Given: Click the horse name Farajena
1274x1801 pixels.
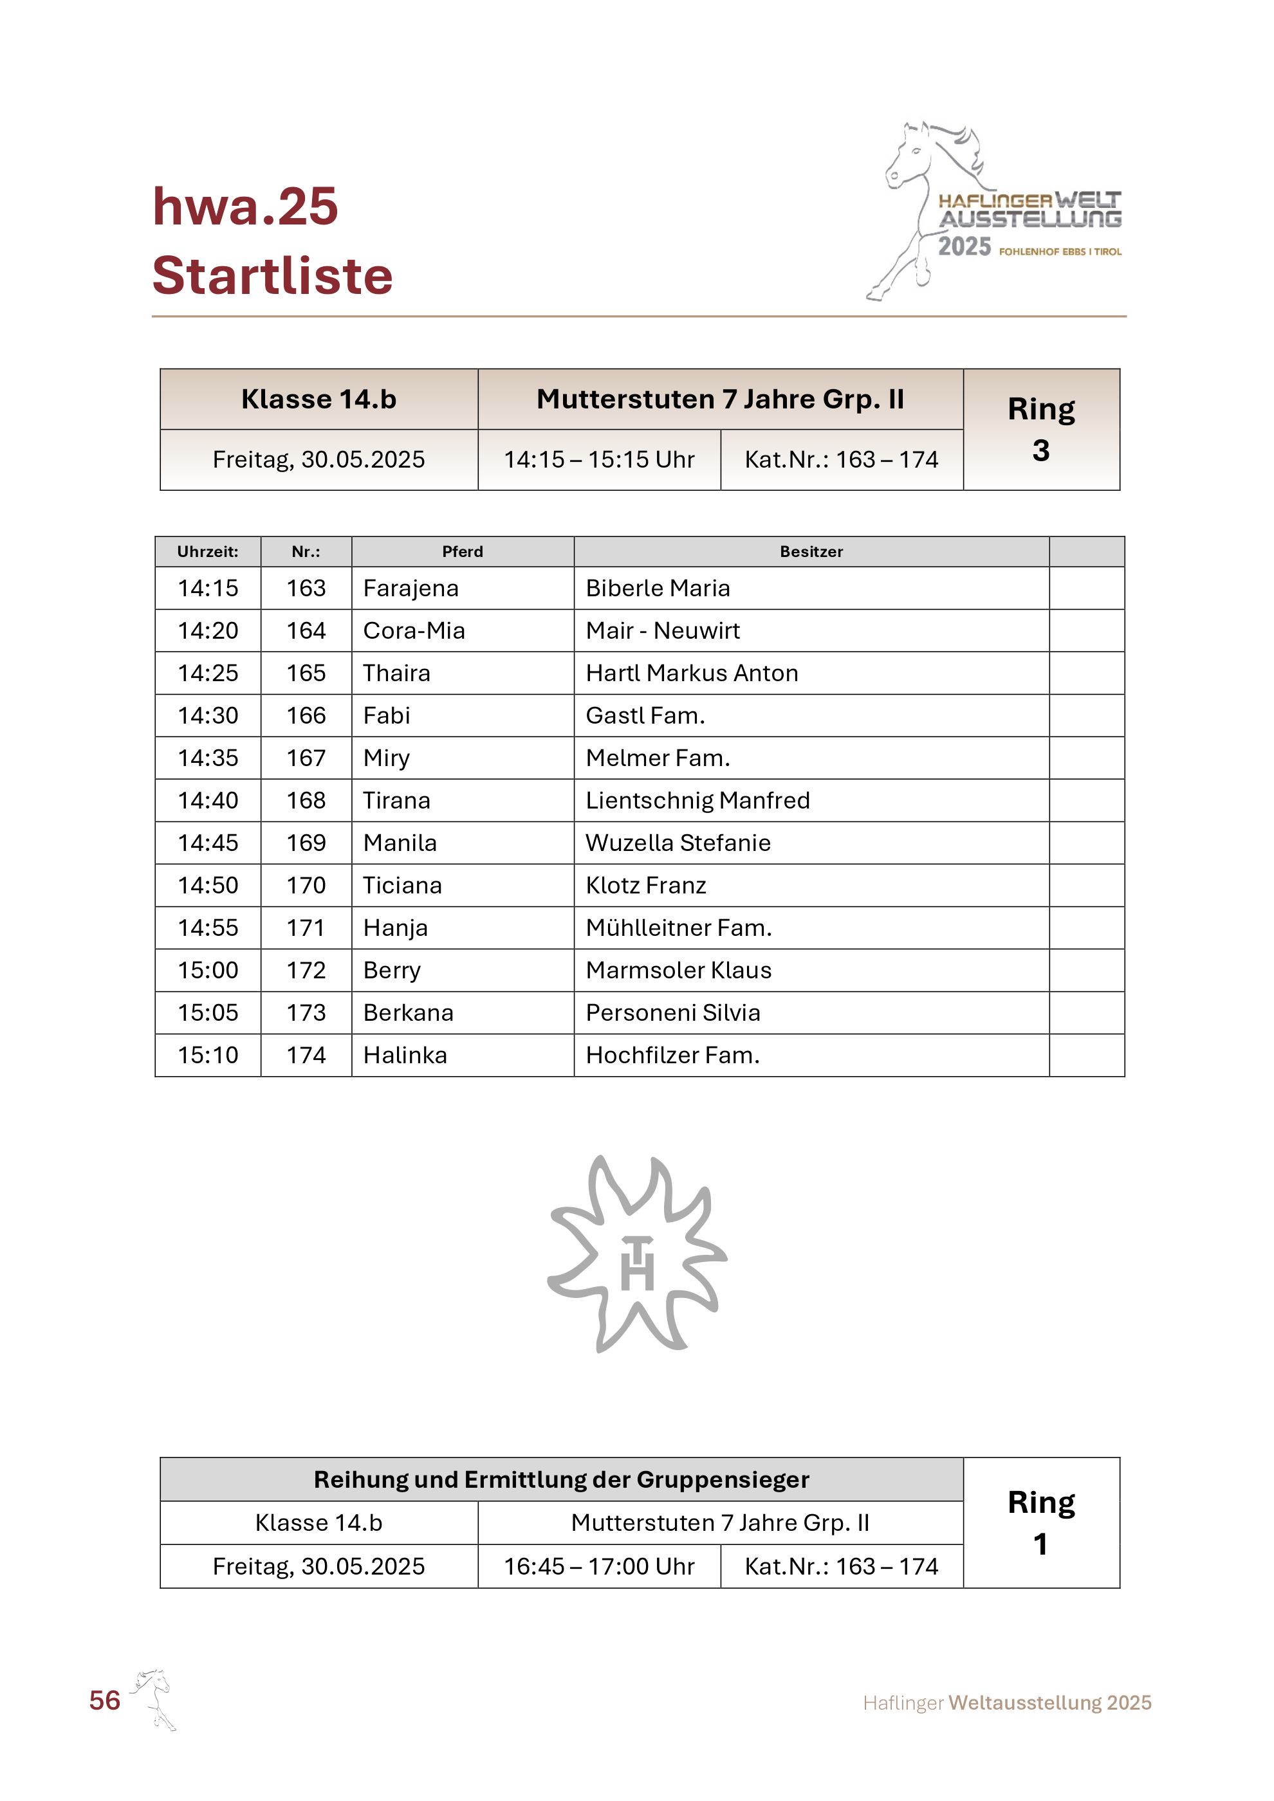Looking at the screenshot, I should pos(411,589).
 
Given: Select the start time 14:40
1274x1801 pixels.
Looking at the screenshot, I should pos(208,800).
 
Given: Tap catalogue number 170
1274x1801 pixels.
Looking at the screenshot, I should pos(306,886).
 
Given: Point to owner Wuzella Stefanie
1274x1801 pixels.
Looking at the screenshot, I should pos(678,843).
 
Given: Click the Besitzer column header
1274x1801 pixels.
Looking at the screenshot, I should pos(811,551).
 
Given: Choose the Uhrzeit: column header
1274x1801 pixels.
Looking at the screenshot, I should pos(208,551).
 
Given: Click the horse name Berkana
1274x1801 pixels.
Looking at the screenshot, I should pos(408,1012).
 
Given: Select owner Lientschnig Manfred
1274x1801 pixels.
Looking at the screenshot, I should pos(697,800).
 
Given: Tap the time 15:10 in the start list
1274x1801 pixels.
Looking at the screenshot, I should pos(208,1055).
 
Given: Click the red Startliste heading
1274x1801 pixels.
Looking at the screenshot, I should pos(272,276).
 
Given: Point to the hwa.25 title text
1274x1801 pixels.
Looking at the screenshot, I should pos(245,206).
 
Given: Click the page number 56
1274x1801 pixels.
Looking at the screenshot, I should pos(104,1700).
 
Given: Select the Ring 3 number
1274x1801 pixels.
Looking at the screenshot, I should pos(1040,451).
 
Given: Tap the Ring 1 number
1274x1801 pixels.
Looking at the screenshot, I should pos(1040,1544).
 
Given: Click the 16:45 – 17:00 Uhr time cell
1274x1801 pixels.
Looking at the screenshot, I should pos(598,1566).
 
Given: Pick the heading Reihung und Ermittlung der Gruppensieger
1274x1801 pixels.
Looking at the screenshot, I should pos(561,1479).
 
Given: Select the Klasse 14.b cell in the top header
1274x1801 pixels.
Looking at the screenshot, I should pos(318,399).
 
